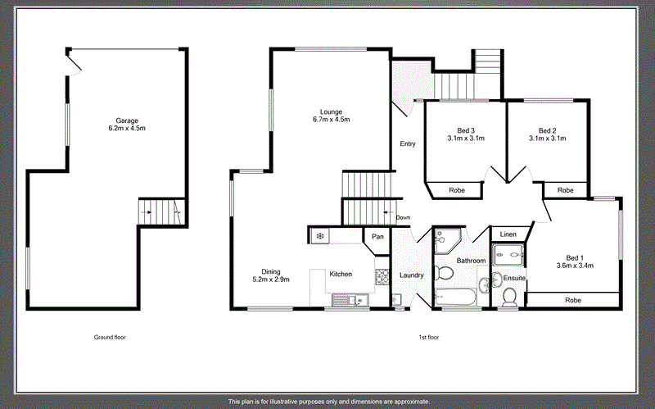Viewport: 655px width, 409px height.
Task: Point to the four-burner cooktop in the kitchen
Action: (382, 279)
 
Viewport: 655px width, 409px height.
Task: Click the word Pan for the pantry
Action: (377, 237)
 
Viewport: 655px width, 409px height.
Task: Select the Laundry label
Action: (411, 275)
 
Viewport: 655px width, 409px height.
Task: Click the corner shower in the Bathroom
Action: (447, 239)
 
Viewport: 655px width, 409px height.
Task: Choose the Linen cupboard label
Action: (508, 235)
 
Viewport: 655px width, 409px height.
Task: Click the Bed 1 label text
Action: (575, 260)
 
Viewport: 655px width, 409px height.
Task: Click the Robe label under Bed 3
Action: (457, 190)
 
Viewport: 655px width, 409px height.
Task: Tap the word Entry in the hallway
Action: (407, 144)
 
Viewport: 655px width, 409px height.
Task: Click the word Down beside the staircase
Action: (403, 217)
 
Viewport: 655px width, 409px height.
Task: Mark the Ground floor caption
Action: (109, 337)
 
